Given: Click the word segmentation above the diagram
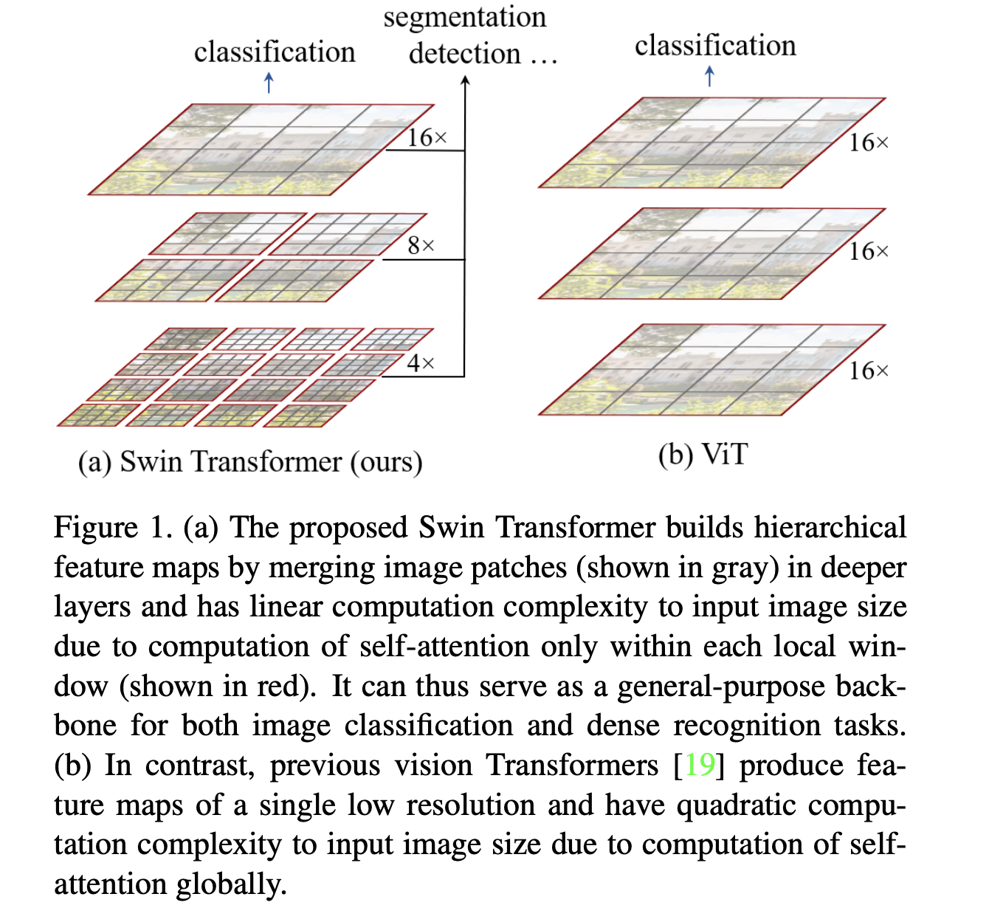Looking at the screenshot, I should (464, 18).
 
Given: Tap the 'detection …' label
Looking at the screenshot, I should (483, 54).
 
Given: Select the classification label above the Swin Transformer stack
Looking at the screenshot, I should (275, 52).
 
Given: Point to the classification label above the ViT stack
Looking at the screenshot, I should (715, 46).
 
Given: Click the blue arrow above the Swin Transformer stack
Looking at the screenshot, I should (269, 82).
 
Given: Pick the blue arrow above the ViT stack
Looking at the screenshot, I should (710, 76).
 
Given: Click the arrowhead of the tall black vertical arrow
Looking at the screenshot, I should (465, 80).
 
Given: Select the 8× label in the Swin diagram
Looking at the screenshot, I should (421, 246).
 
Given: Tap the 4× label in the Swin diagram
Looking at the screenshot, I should (421, 363).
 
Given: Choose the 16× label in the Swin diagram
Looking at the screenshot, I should (427, 138).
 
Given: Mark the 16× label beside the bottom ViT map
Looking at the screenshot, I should (869, 371).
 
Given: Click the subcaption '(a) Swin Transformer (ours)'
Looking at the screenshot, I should (250, 462).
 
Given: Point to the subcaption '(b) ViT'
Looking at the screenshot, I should (703, 455).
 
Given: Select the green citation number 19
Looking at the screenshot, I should (700, 766).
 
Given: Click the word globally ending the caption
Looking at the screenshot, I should (230, 884).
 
